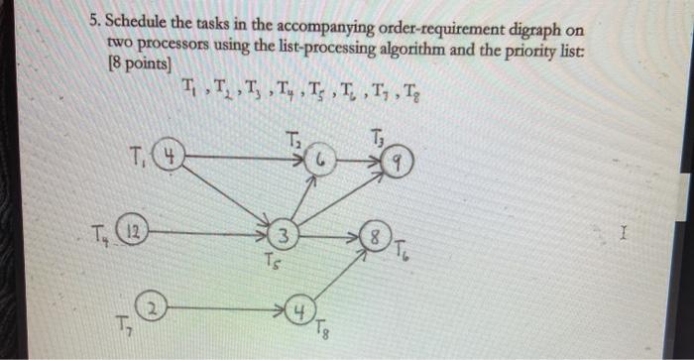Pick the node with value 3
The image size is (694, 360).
coord(283,236)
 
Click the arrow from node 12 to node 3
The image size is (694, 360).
coord(208,235)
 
